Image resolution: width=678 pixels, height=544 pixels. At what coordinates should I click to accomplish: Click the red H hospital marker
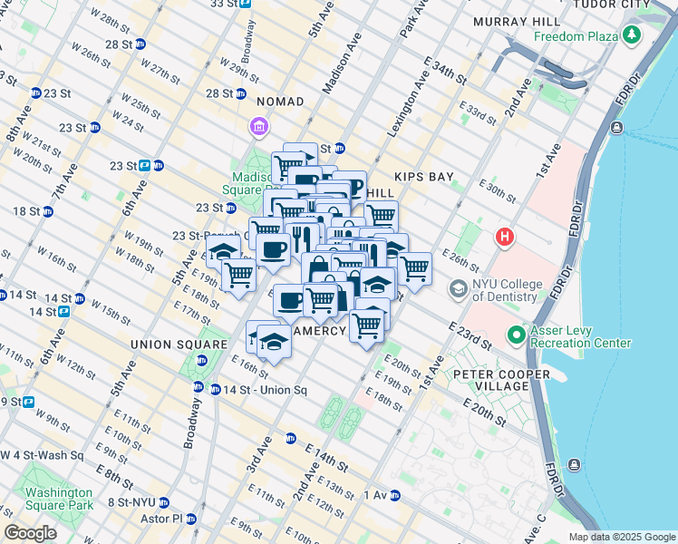[x=505, y=238]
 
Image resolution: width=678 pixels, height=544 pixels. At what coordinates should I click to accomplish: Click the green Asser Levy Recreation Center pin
[x=516, y=336]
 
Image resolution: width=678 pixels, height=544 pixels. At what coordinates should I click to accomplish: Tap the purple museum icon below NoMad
[x=259, y=125]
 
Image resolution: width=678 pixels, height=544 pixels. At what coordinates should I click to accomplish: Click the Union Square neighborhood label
[x=179, y=345]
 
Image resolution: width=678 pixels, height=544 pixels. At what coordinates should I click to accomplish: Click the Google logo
[x=30, y=533]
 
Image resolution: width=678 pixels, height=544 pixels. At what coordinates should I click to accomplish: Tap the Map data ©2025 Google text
[x=622, y=537]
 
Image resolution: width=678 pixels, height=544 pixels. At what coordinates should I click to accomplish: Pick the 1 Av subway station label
[x=375, y=495]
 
